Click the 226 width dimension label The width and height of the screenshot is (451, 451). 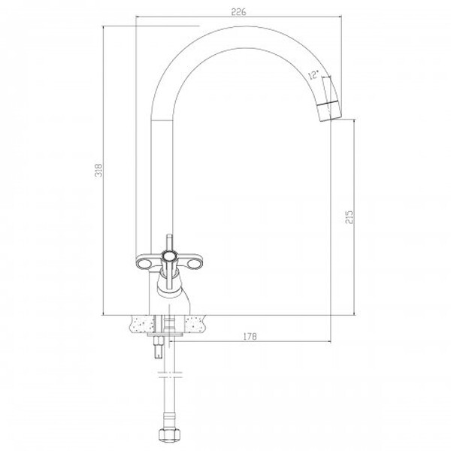[x=239, y=12]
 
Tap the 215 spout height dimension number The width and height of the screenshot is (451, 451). [x=349, y=217]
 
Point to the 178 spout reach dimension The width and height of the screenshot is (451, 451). [x=250, y=336]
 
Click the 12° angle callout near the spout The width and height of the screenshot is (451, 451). [x=313, y=74]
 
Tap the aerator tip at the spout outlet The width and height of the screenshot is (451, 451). [x=330, y=112]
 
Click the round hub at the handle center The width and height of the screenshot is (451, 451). [x=169, y=256]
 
